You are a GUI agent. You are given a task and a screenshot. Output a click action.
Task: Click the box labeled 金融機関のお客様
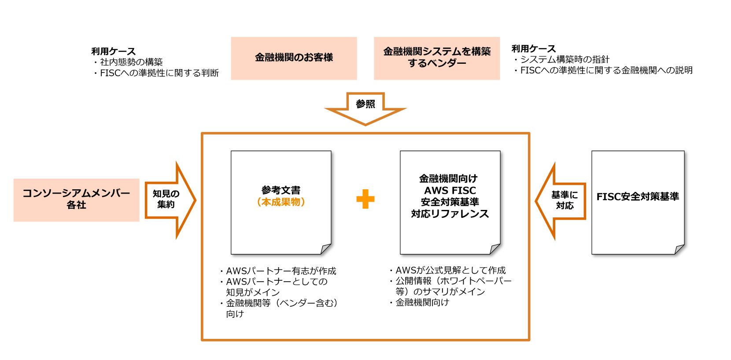click(x=294, y=58)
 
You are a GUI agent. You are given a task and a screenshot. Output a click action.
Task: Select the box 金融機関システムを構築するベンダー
click(x=436, y=58)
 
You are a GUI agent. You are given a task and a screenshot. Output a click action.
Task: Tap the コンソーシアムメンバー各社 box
click(x=76, y=199)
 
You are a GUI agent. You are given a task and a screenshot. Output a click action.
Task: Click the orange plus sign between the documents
click(x=365, y=199)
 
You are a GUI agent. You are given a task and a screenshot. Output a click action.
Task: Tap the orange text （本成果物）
click(x=281, y=202)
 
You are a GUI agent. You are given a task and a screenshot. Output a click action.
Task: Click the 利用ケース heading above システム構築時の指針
click(x=534, y=48)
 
